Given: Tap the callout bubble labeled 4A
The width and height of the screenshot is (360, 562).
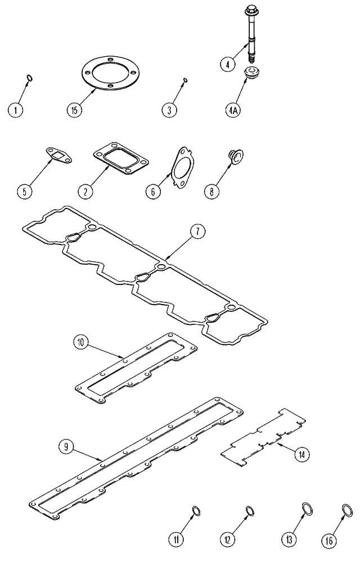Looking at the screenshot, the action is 233,110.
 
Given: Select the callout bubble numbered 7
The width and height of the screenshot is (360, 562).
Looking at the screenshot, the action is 200,232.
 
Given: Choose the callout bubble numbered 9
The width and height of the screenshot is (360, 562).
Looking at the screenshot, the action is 66,447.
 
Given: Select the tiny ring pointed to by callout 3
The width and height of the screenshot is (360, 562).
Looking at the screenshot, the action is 186,82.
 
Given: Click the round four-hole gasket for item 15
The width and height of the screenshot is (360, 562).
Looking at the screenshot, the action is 111,76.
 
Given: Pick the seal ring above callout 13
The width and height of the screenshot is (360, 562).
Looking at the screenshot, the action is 307,510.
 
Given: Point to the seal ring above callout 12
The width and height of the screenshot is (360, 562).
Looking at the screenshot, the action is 249,510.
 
